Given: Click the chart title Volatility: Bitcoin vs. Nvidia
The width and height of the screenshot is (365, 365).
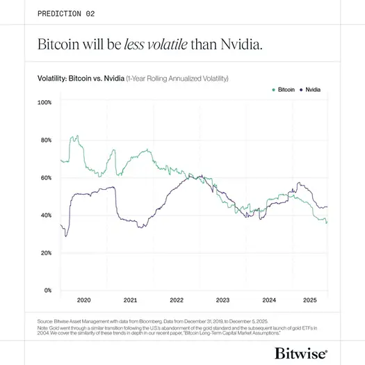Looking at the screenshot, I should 81,79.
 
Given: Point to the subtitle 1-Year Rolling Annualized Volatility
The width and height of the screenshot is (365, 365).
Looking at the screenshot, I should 177,79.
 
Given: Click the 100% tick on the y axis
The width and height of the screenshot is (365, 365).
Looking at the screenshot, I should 44,102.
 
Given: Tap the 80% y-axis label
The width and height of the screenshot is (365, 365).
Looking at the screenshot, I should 45,140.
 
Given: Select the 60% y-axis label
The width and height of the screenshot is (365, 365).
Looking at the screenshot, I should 45,177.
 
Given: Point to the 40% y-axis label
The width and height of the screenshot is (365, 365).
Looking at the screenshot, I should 45,215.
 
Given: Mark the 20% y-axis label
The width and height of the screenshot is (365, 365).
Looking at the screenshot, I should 45,252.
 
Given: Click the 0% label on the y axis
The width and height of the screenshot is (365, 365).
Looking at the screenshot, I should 47,290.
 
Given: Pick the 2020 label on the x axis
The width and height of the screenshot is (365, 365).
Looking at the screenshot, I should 83,300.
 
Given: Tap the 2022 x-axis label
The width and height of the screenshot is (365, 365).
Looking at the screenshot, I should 177,300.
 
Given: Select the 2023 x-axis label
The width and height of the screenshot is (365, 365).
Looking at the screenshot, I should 222,300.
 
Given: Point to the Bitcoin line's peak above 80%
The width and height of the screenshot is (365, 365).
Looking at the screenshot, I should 73,137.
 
